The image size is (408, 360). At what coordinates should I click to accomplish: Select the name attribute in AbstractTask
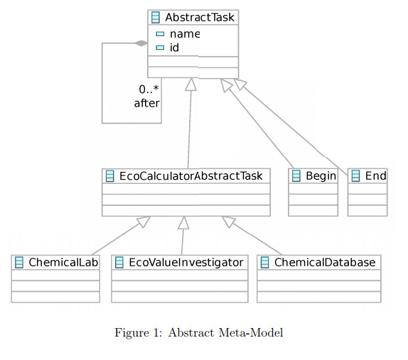tap(184, 33)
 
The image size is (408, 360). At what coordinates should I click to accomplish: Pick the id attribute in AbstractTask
tap(174, 48)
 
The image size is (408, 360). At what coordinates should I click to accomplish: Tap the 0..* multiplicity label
tap(149, 89)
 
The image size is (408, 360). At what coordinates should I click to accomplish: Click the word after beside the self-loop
tap(147, 103)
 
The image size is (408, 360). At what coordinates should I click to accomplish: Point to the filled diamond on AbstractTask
tap(141, 43)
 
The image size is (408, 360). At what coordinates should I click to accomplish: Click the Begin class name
tap(321, 176)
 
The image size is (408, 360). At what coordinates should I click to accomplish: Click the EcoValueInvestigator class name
tap(186, 263)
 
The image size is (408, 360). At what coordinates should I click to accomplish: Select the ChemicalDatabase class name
tap(324, 263)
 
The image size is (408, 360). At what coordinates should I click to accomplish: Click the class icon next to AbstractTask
tap(156, 18)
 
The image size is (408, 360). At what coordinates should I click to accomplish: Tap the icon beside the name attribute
tap(160, 34)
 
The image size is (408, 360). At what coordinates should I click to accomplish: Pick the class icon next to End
tap(355, 176)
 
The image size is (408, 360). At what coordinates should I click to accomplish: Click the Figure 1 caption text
tap(199, 333)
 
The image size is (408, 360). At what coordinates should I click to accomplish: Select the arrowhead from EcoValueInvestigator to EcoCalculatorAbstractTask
tap(183, 223)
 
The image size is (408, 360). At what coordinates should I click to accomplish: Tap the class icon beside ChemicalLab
tap(19, 263)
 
